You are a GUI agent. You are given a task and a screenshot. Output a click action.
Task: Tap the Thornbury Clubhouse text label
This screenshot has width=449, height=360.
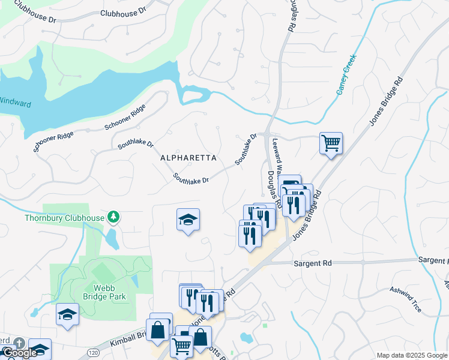coord(65,218)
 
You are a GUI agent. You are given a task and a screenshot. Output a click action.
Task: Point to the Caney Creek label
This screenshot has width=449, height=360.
coord(346,81)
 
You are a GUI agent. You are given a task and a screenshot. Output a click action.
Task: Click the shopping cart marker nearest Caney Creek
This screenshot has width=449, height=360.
coord(331,143)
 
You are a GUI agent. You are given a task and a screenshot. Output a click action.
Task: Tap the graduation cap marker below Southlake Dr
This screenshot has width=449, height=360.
coord(188,220)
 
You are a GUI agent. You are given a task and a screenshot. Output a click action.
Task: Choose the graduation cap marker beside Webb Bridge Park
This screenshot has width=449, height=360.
coord(67,314)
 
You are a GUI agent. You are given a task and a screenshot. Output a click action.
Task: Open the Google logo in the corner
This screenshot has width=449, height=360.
coord(20,353)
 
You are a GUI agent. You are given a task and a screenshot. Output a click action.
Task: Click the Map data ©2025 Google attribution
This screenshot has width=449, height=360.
coord(412,355)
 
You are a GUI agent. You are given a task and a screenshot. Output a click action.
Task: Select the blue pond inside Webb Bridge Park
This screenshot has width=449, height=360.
coord(134,280)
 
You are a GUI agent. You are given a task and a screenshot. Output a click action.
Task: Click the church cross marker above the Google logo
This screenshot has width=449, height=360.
coord(19,343)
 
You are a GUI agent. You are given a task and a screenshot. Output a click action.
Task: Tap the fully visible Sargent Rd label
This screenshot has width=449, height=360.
coord(313,263)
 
